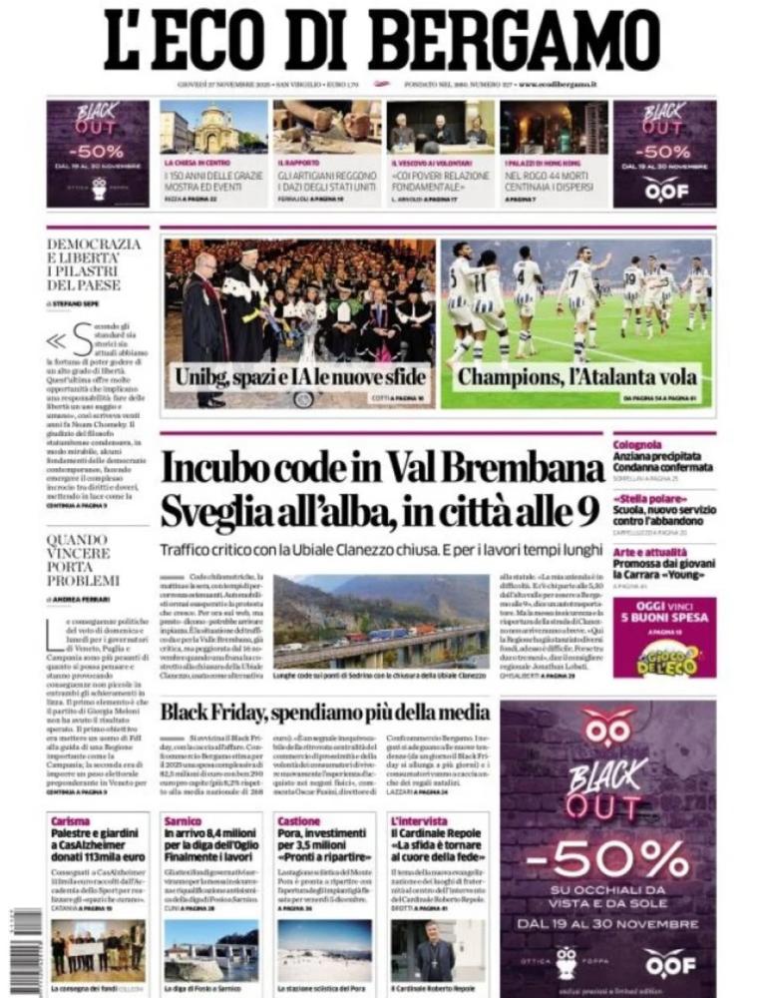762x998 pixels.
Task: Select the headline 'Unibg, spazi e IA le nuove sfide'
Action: pos(301,378)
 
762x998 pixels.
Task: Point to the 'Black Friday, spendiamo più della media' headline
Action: pos(325,712)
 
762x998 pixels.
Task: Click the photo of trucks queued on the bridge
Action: pos(382,620)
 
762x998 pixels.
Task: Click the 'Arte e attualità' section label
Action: pos(650,551)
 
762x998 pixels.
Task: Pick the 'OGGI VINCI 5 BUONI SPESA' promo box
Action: pos(664,637)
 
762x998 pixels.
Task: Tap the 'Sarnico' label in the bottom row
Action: pos(184,820)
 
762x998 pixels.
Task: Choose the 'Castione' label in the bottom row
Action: pos(298,820)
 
